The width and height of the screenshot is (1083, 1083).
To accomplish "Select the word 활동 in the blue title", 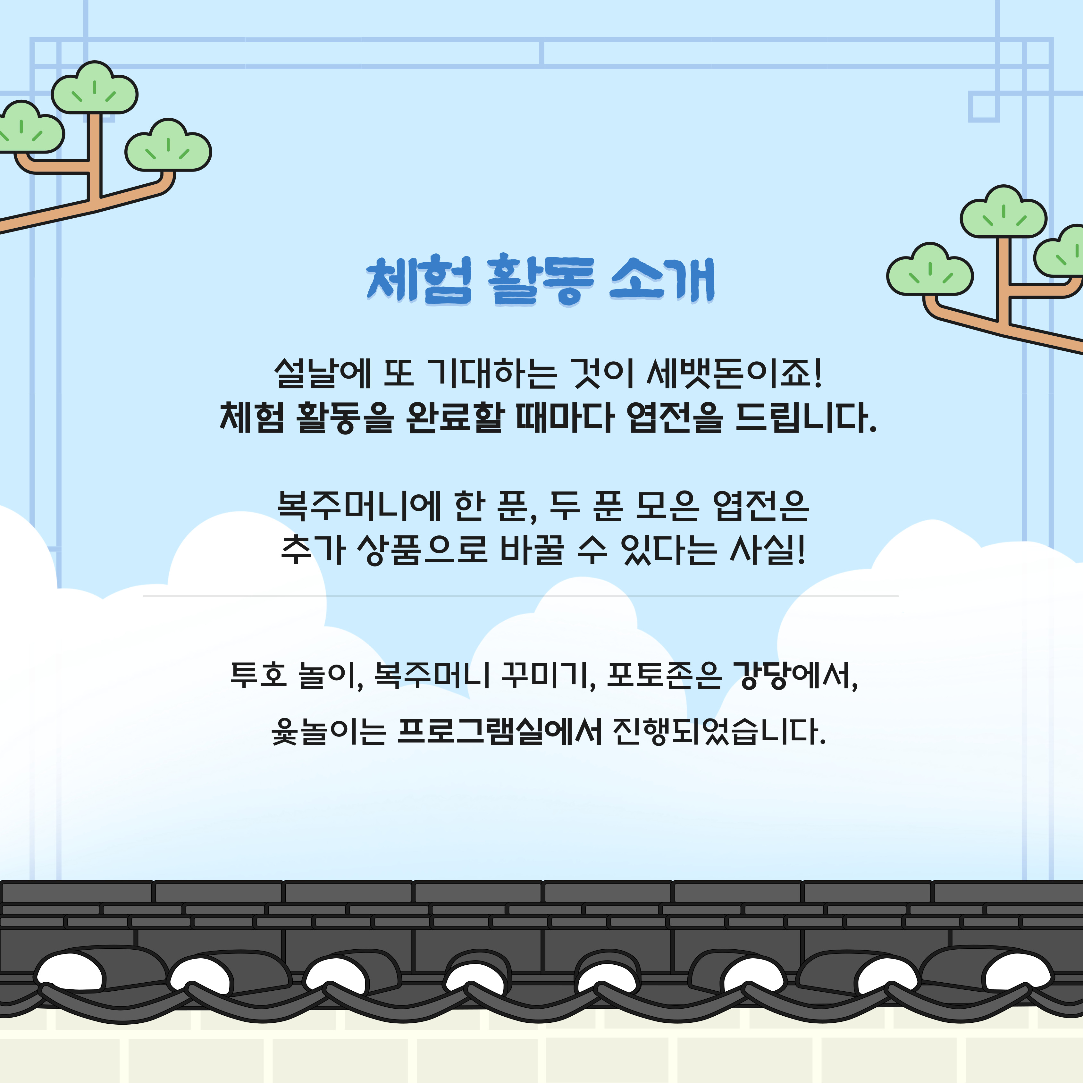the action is click(541, 280).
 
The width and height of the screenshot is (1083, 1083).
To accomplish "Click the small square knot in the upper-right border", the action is click(984, 106).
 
